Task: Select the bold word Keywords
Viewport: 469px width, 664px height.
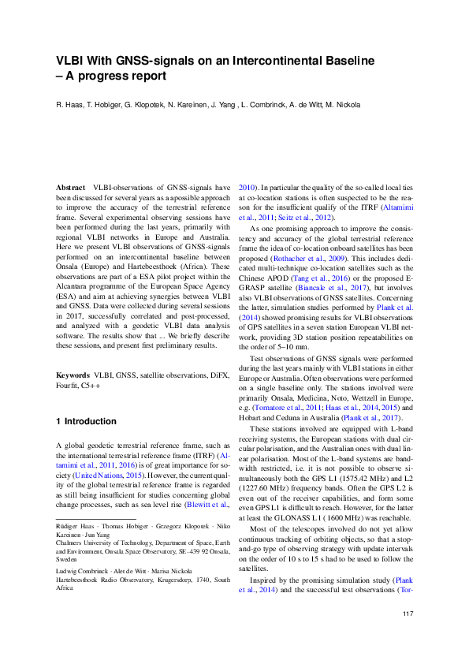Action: click(x=73, y=375)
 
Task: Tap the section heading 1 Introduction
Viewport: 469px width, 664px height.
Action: click(x=87, y=422)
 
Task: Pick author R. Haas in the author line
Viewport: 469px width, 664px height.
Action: click(x=69, y=105)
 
